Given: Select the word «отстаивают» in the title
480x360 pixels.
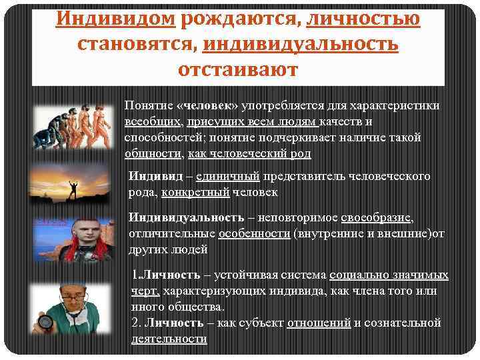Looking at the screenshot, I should point(240,69).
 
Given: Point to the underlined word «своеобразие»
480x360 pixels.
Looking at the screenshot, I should point(377,218).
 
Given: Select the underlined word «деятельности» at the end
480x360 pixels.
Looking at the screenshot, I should point(169,339).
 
